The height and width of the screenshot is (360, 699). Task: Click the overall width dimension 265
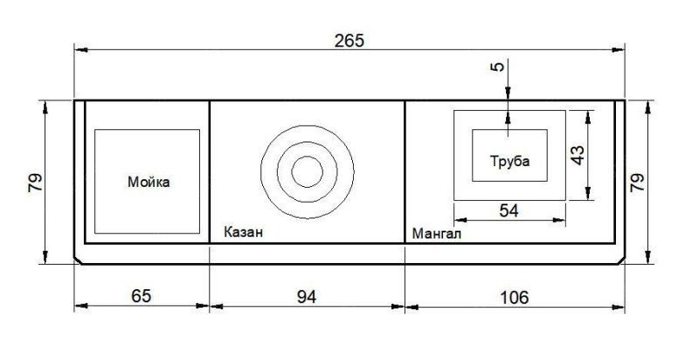pyautogui.click(x=349, y=41)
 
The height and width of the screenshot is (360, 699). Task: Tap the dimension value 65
pyautogui.click(x=142, y=296)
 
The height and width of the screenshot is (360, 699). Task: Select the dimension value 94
pyautogui.click(x=307, y=297)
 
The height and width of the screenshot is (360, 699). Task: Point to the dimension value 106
pyautogui.click(x=514, y=297)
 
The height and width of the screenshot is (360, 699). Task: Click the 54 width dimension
pyautogui.click(x=509, y=211)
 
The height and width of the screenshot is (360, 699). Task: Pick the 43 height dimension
pyautogui.click(x=578, y=156)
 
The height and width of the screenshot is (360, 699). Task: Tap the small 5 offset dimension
pyautogui.click(x=499, y=66)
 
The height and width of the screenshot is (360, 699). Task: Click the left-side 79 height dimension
pyautogui.click(x=35, y=183)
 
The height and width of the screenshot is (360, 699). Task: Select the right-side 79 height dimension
pyautogui.click(x=637, y=183)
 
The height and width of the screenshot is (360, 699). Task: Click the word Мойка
pyautogui.click(x=149, y=182)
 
